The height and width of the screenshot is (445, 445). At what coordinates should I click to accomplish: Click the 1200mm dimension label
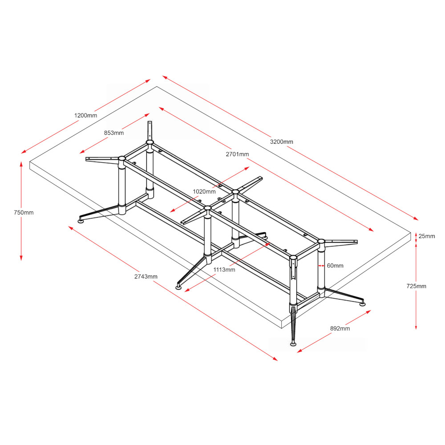85,116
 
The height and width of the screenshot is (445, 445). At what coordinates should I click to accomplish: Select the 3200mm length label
282,142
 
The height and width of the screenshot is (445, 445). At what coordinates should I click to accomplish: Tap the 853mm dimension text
114,133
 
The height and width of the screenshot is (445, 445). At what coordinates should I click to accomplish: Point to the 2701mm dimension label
238,154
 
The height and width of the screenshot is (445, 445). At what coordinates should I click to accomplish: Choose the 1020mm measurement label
204,191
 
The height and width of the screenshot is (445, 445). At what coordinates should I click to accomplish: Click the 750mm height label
24,213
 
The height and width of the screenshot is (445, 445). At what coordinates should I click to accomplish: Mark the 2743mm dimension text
146,276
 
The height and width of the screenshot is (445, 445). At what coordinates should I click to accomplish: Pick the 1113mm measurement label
224,270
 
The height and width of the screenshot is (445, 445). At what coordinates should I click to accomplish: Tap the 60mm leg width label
335,266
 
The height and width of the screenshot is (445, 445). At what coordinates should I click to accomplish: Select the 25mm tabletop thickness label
427,236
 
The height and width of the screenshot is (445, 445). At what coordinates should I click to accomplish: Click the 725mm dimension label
416,286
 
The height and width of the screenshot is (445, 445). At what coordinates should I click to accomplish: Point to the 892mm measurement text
340,328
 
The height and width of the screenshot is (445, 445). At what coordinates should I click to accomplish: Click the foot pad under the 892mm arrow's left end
293,343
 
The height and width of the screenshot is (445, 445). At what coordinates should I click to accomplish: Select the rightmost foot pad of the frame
363,304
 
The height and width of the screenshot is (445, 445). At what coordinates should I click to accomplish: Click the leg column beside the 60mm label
321,267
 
